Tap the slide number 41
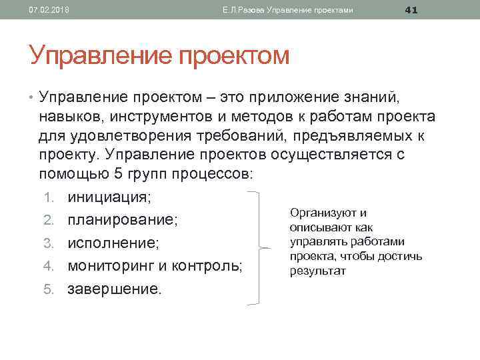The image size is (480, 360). tap(411, 9)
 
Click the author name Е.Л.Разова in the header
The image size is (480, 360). tap(243, 10)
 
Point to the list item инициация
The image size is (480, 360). tap(109, 197)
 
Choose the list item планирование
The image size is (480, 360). tap(122, 220)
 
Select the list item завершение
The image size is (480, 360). tap(114, 289)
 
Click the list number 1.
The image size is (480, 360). tap(56, 197)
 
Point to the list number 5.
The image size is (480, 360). tap(56, 289)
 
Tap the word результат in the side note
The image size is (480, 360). tap(317, 271)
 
